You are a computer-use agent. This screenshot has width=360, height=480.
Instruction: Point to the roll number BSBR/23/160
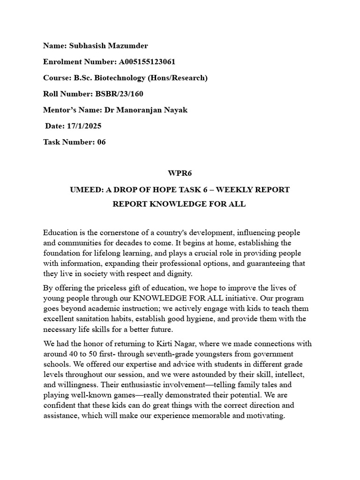(x=120, y=94)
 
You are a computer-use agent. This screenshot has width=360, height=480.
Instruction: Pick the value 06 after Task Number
(x=101, y=142)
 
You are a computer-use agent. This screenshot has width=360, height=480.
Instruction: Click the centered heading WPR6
(x=179, y=173)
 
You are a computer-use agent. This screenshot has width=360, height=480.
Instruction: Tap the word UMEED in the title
(x=84, y=190)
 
